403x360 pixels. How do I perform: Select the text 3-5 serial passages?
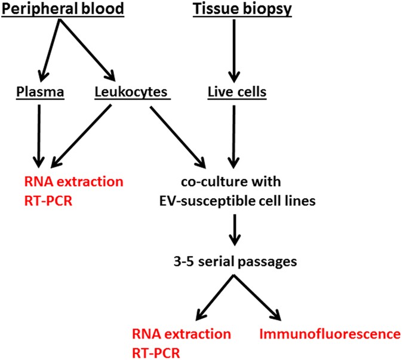coord(234,261)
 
